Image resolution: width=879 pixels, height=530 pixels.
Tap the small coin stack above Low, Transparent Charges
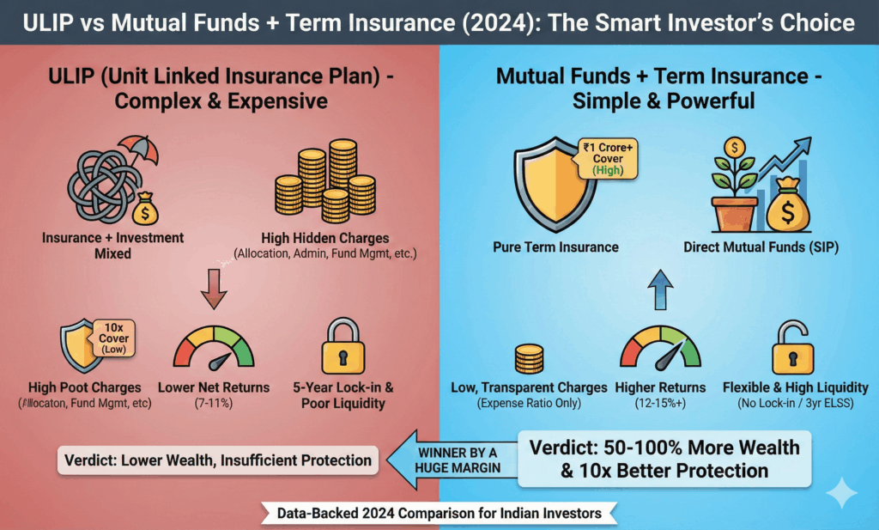tap(528, 356)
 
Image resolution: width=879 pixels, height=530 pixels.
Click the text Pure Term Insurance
tap(555, 247)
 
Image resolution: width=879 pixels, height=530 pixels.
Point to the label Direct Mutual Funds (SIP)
tap(761, 247)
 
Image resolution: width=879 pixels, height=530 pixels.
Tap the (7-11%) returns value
tap(214, 402)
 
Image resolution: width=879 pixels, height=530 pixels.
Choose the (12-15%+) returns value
tap(659, 402)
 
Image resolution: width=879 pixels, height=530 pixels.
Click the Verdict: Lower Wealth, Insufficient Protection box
tap(219, 460)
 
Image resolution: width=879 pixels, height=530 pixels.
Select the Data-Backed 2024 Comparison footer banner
tap(439, 513)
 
